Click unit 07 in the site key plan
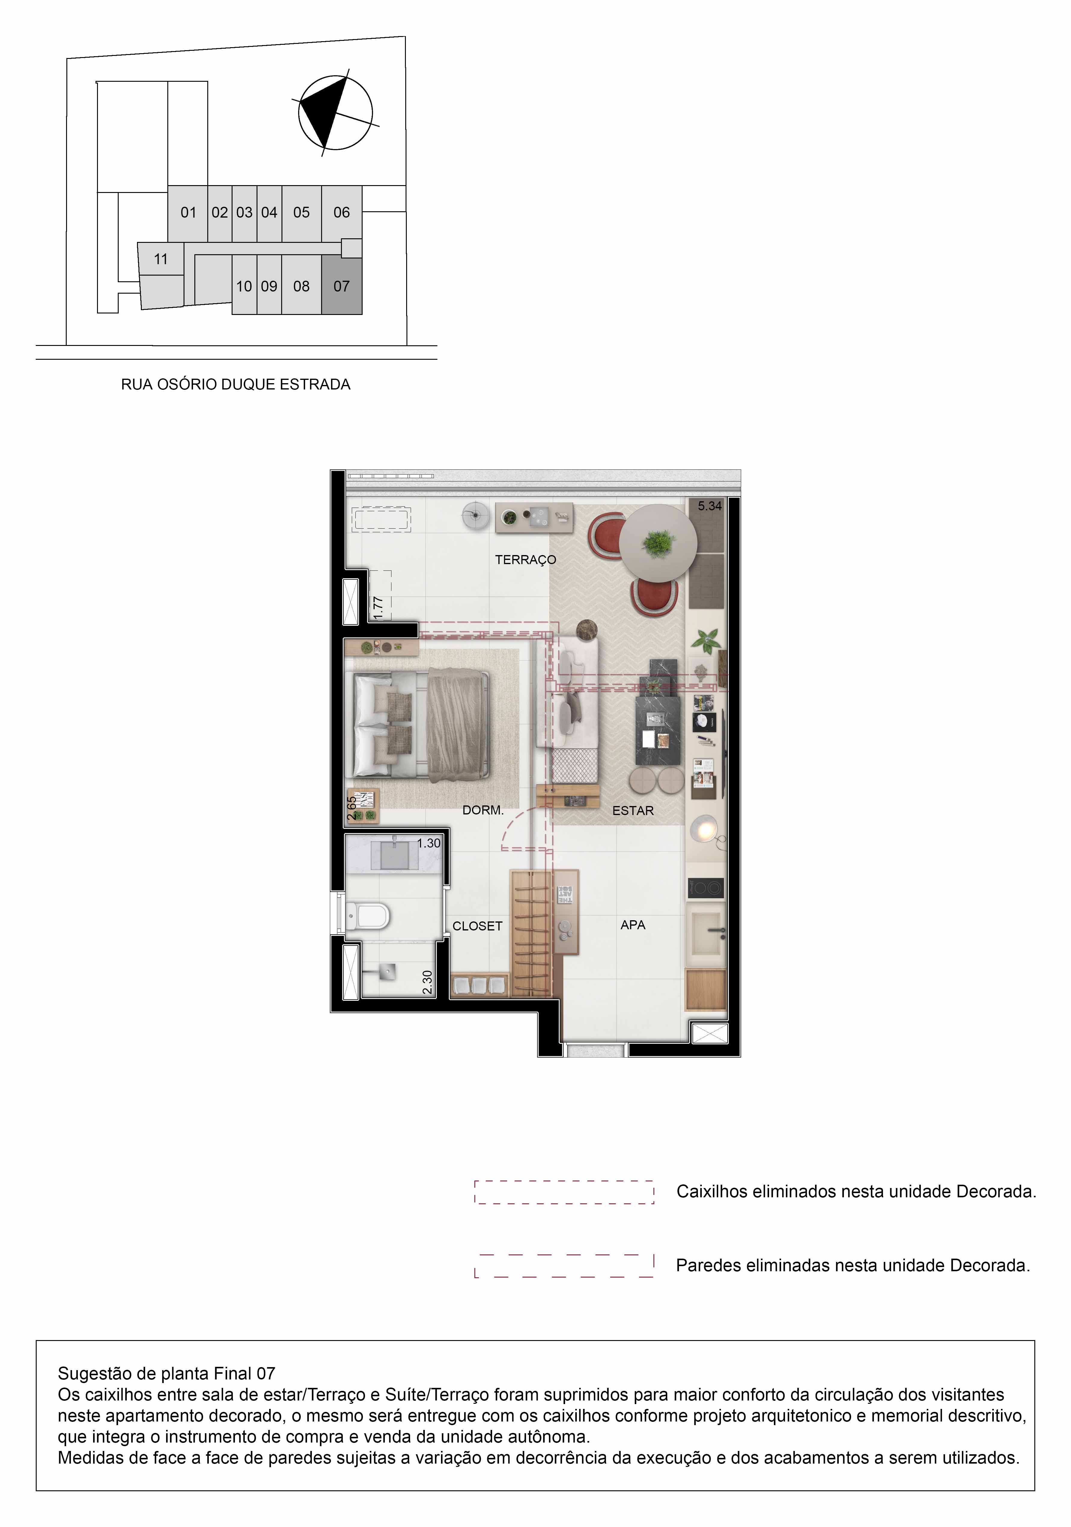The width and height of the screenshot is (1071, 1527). tap(342, 286)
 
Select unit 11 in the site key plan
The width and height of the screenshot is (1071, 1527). tap(161, 259)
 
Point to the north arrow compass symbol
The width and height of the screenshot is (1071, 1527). tap(335, 113)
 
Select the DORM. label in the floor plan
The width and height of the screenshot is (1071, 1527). tap(483, 810)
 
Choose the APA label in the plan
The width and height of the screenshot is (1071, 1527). tap(633, 924)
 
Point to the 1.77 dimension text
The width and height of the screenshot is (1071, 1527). tap(378, 608)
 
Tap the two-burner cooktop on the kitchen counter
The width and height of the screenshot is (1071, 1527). tap(705, 888)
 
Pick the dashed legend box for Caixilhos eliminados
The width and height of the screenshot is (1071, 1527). tap(564, 1192)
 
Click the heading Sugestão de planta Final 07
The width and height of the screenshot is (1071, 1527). tap(166, 1373)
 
